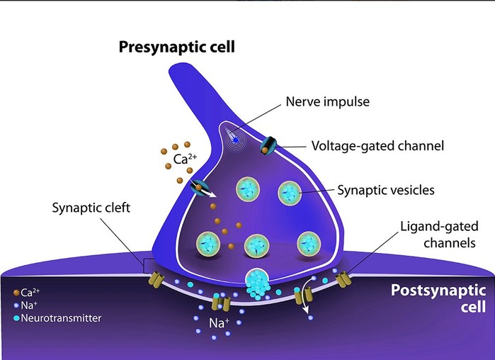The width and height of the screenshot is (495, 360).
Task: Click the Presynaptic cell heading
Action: pyautogui.click(x=177, y=47)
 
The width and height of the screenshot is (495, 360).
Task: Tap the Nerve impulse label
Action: pyautogui.click(x=328, y=101)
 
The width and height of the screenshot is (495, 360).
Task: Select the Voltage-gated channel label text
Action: pyautogui.click(x=377, y=146)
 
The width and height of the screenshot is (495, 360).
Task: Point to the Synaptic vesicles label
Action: pyautogui.click(x=386, y=190)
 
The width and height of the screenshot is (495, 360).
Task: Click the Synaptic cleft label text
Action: pyautogui.click(x=91, y=208)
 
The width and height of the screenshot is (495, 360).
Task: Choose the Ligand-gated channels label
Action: pyautogui.click(x=439, y=235)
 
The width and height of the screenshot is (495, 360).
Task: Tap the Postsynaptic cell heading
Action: pyautogui.click(x=438, y=298)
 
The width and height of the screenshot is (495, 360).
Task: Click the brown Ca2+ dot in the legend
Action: pyautogui.click(x=16, y=293)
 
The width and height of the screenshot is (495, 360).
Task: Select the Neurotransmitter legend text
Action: pyautogui.click(x=61, y=318)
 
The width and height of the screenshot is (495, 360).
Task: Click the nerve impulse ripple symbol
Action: pyautogui.click(x=235, y=140)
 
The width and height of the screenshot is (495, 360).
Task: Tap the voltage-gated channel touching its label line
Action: pyautogui.click(x=268, y=145)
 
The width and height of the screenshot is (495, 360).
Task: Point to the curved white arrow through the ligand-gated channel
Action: pyautogui.click(x=305, y=295)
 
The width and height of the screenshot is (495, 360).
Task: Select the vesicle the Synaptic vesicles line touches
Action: pyautogui.click(x=290, y=193)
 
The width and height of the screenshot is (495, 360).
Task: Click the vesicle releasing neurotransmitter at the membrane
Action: pyautogui.click(x=257, y=281)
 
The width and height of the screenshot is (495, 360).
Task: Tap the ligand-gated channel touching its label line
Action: pyautogui.click(x=343, y=279)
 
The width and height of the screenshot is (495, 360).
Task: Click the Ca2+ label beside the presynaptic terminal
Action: pyautogui.click(x=185, y=159)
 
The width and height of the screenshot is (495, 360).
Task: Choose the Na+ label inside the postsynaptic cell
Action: pyautogui.click(x=219, y=322)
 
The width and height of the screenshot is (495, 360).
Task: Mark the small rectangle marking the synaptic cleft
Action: pyautogui.click(x=149, y=266)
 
